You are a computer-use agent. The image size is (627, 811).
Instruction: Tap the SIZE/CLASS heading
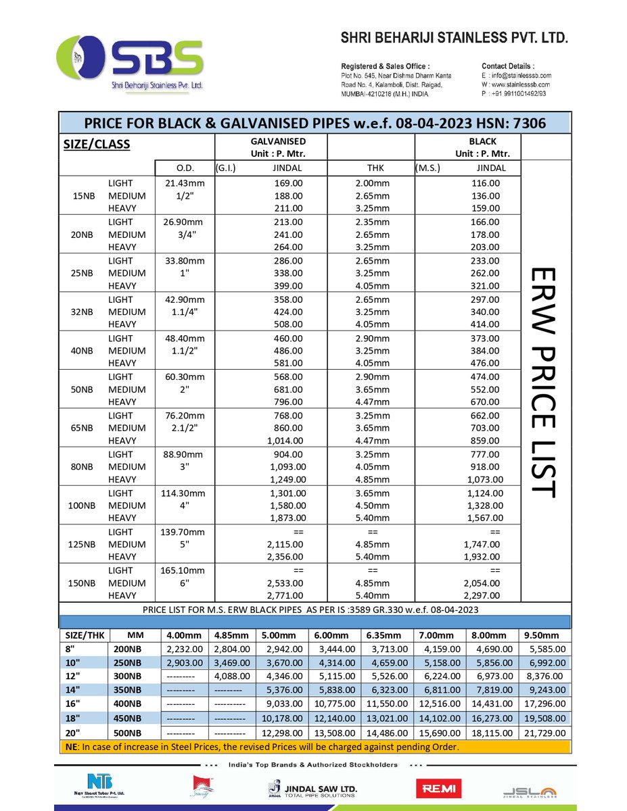click(97, 145)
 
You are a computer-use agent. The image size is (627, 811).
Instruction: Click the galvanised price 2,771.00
click(287, 595)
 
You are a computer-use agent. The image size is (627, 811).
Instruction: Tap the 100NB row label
click(83, 506)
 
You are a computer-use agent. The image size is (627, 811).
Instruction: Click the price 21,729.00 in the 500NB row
click(544, 733)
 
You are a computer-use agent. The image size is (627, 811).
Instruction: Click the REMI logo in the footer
click(440, 788)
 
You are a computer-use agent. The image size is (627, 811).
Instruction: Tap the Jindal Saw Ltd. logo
click(312, 789)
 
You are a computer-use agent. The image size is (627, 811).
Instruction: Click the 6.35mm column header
click(384, 635)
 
